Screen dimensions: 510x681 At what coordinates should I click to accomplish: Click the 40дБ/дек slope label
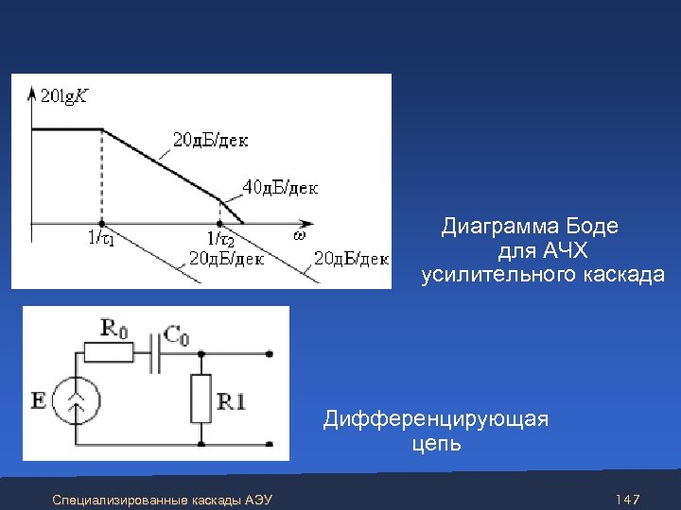click(x=281, y=187)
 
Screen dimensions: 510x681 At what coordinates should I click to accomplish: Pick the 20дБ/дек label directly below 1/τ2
click(x=227, y=258)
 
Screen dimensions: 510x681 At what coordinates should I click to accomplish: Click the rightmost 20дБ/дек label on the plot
click(x=351, y=258)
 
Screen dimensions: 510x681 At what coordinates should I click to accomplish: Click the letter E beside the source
click(x=39, y=400)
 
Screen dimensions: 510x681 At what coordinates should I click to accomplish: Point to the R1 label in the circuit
click(x=232, y=401)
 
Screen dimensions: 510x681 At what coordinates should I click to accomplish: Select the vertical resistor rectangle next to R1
click(x=201, y=398)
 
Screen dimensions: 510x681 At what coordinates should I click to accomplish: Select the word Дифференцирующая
click(x=436, y=419)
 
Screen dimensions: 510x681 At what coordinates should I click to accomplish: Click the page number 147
click(x=628, y=498)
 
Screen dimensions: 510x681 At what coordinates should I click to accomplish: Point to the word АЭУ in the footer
click(x=258, y=499)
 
